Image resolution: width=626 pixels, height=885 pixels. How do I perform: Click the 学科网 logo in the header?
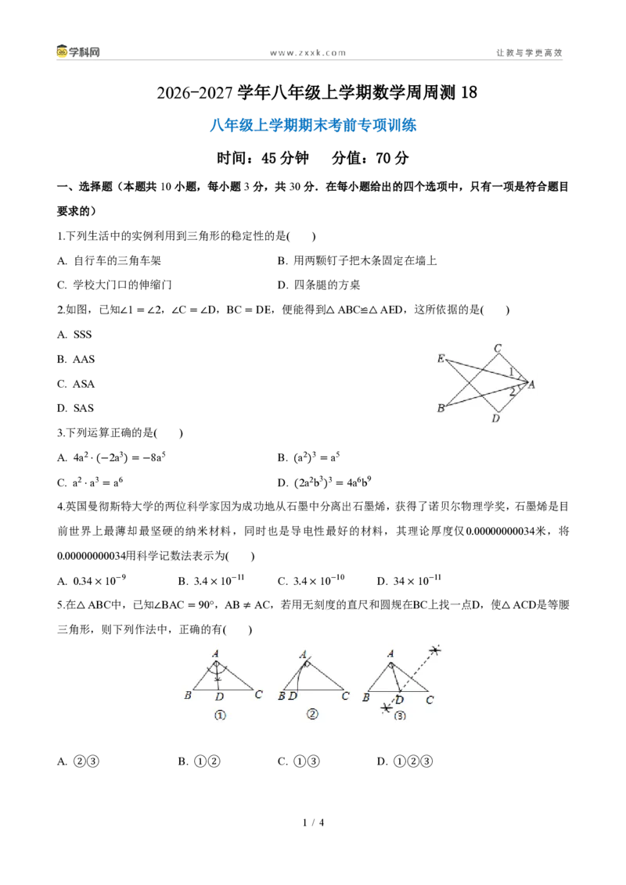tap(78, 52)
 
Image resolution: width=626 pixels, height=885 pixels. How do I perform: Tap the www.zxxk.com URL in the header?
tap(308, 52)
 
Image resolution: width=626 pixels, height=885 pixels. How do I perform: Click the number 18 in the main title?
tap(469, 92)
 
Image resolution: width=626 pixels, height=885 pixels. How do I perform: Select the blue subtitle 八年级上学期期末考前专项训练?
tap(313, 125)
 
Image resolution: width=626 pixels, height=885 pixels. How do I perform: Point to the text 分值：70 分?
tap(370, 158)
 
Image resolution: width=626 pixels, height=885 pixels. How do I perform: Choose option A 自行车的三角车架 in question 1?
tap(109, 261)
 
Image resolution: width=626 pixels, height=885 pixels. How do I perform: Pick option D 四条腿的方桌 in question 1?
tap(318, 285)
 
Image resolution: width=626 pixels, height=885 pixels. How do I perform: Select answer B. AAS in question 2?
tap(76, 359)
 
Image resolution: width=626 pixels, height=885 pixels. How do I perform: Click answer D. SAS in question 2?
tap(75, 408)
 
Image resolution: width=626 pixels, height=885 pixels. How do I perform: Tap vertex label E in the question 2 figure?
tap(441, 358)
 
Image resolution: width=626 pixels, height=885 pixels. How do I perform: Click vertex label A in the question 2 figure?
tap(531, 385)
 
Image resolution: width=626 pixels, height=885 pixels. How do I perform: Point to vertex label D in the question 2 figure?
tap(495, 418)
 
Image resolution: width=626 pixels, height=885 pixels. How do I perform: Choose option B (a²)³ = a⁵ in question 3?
tap(308, 457)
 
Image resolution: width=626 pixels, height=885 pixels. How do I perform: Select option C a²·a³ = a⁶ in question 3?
tap(90, 482)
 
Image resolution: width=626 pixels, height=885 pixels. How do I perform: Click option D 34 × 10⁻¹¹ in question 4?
tap(409, 580)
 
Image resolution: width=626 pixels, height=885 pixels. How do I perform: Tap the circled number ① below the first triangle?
tap(220, 715)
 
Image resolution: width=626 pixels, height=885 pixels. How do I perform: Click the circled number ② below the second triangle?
tap(312, 714)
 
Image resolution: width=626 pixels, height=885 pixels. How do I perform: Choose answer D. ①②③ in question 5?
tap(405, 761)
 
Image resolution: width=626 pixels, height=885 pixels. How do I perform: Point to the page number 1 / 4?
tap(314, 822)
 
